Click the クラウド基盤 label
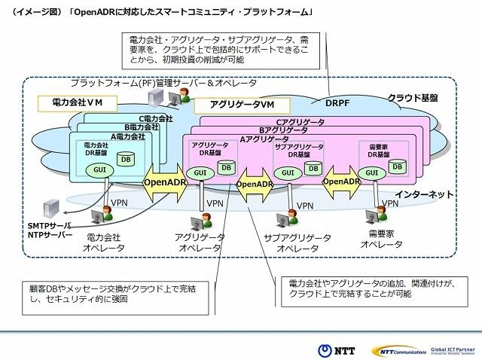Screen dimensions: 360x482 [413, 97]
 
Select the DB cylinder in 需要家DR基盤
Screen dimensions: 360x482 [398, 165]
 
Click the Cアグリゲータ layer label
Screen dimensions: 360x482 [300, 122]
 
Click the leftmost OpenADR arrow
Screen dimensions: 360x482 [165, 182]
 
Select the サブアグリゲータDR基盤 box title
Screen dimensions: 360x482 [299, 151]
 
